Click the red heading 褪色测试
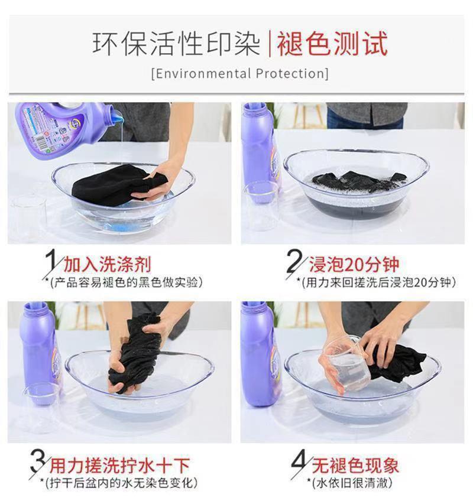332,44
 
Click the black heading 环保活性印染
176,44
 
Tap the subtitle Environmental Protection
240,73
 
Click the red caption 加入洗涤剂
108,264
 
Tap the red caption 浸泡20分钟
354,264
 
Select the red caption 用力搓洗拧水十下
120,465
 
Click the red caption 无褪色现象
355,465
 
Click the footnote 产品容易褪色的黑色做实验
127,282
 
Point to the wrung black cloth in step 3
136,353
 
